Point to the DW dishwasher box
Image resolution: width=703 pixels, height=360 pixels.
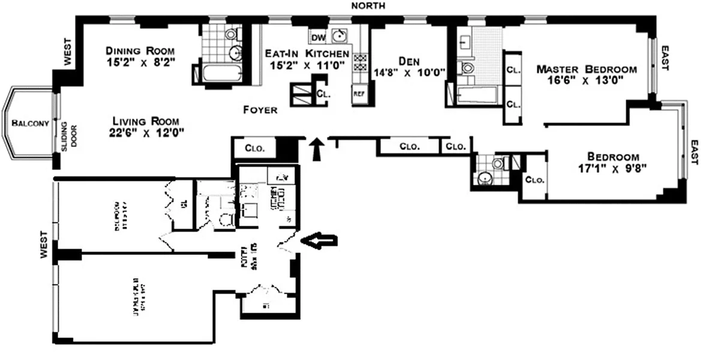[319, 38]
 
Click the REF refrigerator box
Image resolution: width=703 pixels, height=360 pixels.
[359, 94]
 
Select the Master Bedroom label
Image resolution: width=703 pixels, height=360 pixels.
[586, 69]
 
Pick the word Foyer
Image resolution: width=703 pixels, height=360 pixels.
[260, 110]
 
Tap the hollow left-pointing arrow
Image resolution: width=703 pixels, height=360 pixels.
[319, 241]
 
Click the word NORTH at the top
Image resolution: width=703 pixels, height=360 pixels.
[368, 6]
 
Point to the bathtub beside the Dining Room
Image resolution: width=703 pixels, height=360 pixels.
[220, 74]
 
